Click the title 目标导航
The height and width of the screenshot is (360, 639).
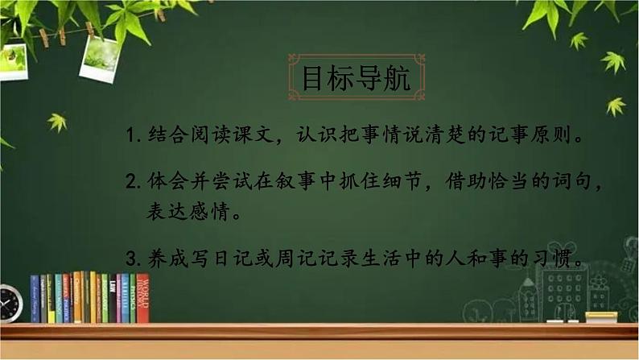point(355,78)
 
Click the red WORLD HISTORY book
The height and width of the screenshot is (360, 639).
point(142,298)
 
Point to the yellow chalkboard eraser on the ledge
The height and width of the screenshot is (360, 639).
point(601,317)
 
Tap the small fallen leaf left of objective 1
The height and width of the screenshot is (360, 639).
point(56,122)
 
